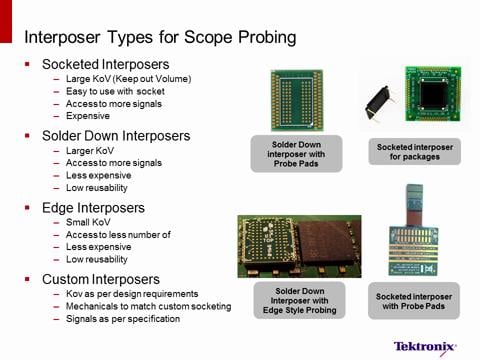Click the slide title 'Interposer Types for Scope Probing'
[160, 39]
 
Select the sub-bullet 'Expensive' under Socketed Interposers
[88, 115]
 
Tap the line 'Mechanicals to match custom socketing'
[148, 306]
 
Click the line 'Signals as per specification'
[123, 319]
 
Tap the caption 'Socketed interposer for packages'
[413, 152]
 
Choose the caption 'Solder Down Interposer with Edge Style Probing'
[296, 303]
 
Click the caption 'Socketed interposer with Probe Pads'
[414, 301]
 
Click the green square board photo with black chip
[434, 98]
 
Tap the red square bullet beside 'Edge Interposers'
[28, 207]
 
